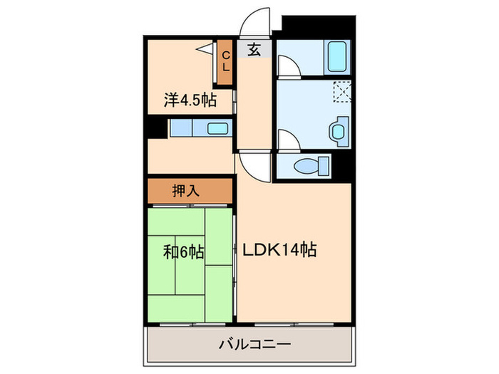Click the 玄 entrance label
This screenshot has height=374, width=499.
(254, 50)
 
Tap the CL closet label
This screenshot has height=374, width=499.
(225, 62)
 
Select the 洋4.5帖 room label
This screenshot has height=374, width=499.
(190, 100)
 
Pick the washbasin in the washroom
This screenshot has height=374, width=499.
(337, 131)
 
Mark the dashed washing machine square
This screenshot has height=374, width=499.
(344, 93)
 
